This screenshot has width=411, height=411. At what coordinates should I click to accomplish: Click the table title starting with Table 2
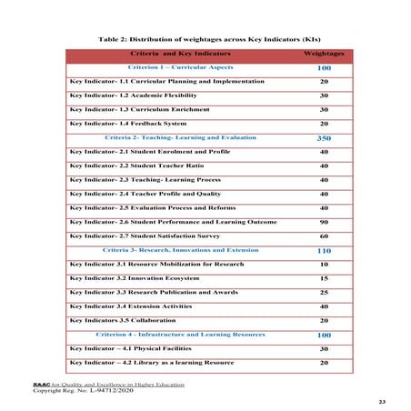206,39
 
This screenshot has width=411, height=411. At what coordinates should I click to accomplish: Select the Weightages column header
323,55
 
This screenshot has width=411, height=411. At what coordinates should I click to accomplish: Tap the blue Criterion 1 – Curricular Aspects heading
174,68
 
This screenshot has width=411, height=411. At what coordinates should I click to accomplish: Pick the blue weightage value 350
323,138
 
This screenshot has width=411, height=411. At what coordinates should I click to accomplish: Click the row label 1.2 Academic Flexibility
134,95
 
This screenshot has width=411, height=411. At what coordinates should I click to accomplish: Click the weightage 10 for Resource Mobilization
323,264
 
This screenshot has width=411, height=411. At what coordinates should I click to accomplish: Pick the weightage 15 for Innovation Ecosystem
323,278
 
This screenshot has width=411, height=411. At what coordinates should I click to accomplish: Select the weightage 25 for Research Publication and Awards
323,293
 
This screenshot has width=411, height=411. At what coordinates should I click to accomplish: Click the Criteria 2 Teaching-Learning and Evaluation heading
181,137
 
